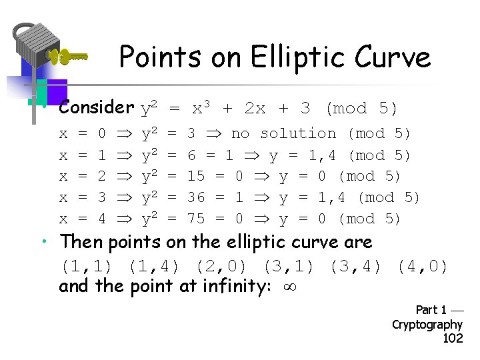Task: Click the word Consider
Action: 97,107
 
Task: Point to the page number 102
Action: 453,338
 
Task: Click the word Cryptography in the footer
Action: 427,324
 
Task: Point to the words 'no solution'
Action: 283,133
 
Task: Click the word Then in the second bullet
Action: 81,242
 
